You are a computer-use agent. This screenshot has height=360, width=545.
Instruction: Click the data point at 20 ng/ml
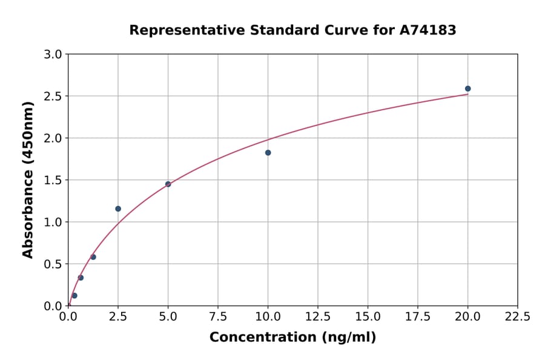(x=467, y=88)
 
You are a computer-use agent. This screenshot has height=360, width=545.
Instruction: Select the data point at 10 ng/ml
(x=268, y=153)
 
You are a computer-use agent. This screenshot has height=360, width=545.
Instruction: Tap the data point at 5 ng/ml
(x=168, y=184)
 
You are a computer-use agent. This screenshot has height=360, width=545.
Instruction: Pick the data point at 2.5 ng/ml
(x=118, y=208)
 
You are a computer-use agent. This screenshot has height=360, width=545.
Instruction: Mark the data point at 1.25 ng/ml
(x=93, y=257)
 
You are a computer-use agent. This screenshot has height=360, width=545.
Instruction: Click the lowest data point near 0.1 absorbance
(x=74, y=296)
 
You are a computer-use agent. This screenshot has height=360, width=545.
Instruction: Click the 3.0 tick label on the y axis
(x=53, y=55)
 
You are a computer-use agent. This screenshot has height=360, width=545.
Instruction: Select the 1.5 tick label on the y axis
(x=53, y=180)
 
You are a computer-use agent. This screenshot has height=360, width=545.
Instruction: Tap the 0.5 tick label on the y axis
(x=53, y=264)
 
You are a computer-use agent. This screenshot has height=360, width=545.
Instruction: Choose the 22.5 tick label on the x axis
(x=518, y=316)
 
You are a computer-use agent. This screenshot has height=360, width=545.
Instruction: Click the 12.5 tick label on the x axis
(x=318, y=316)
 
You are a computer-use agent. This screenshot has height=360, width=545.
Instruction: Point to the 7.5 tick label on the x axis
(x=218, y=316)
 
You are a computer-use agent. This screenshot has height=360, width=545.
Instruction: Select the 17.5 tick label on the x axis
(x=418, y=316)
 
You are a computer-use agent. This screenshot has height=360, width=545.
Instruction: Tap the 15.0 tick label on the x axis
(x=368, y=316)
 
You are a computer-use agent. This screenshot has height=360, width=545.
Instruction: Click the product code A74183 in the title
(x=428, y=30)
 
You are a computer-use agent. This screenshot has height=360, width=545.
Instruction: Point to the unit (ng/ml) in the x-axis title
(x=349, y=338)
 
